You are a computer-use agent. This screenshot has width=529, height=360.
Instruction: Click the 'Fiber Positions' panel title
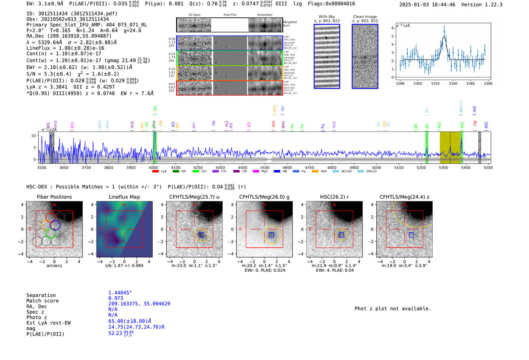coord(54,197)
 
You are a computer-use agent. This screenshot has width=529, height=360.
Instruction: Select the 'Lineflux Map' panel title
coord(124,197)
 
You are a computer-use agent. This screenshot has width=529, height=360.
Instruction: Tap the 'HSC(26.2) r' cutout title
coord(334,197)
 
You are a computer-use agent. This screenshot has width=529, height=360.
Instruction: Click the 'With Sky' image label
coord(326,17)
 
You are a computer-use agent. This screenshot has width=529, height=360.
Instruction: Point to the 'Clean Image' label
coord(365,17)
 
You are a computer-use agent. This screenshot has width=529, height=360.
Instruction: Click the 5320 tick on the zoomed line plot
coord(435,83)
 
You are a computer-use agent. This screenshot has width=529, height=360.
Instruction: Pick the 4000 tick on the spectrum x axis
coord(153,167)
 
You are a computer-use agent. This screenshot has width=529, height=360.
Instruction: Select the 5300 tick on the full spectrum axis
coord(443,167)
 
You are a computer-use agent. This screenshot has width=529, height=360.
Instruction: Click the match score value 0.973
coord(116,298)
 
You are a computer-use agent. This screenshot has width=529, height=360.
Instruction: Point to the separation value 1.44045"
coord(120,293)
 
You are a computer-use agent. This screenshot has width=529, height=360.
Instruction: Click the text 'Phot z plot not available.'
coord(393,309)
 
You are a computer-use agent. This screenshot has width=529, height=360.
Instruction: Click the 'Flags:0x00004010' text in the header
coord(331,4)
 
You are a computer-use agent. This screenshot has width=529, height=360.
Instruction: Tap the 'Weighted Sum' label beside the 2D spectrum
coord(289,24)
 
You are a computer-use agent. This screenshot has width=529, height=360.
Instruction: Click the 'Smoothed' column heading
coord(264,15)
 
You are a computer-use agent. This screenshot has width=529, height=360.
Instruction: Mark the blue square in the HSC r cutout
coord(341,235)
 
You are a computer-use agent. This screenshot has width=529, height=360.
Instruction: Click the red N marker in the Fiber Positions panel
coord(54,205)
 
